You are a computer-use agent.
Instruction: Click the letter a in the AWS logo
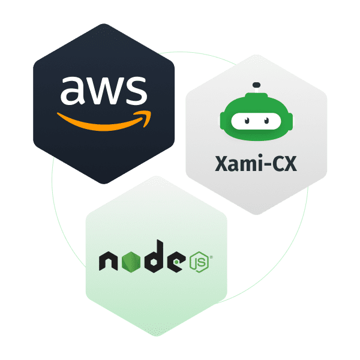[x=73, y=91]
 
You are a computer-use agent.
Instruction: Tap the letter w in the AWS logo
[x=103, y=91]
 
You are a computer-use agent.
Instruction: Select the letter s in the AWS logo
[x=135, y=91]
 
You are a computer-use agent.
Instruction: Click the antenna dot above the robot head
[x=257, y=84]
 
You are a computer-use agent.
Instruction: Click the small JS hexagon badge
[x=198, y=262]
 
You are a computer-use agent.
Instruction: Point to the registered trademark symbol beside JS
[x=211, y=258]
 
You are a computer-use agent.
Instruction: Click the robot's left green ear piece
[x=225, y=122]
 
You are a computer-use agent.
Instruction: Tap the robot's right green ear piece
[x=288, y=122]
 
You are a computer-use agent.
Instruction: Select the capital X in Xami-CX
[x=221, y=163]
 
